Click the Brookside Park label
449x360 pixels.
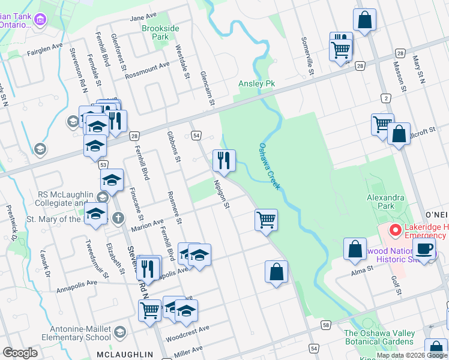coord(155,32)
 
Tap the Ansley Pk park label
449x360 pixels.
coord(256,83)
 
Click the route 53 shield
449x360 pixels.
coord(104,164)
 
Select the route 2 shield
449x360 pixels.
coord(386,97)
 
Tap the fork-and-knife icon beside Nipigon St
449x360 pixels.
coord(224,160)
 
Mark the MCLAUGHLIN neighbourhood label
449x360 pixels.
coord(124,355)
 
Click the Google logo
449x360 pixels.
coord(20,353)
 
